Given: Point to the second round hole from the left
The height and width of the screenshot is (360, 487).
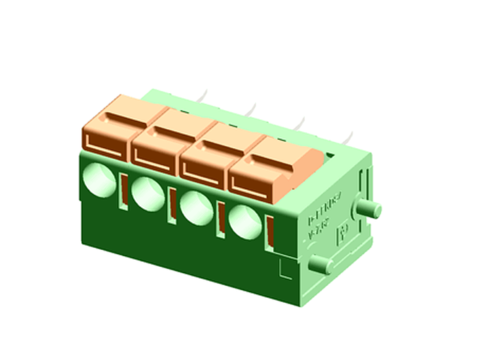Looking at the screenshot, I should click(147, 193).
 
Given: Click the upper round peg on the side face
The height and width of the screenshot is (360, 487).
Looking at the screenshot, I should click(370, 210).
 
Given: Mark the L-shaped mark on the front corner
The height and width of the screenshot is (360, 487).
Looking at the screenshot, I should click(286, 269).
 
